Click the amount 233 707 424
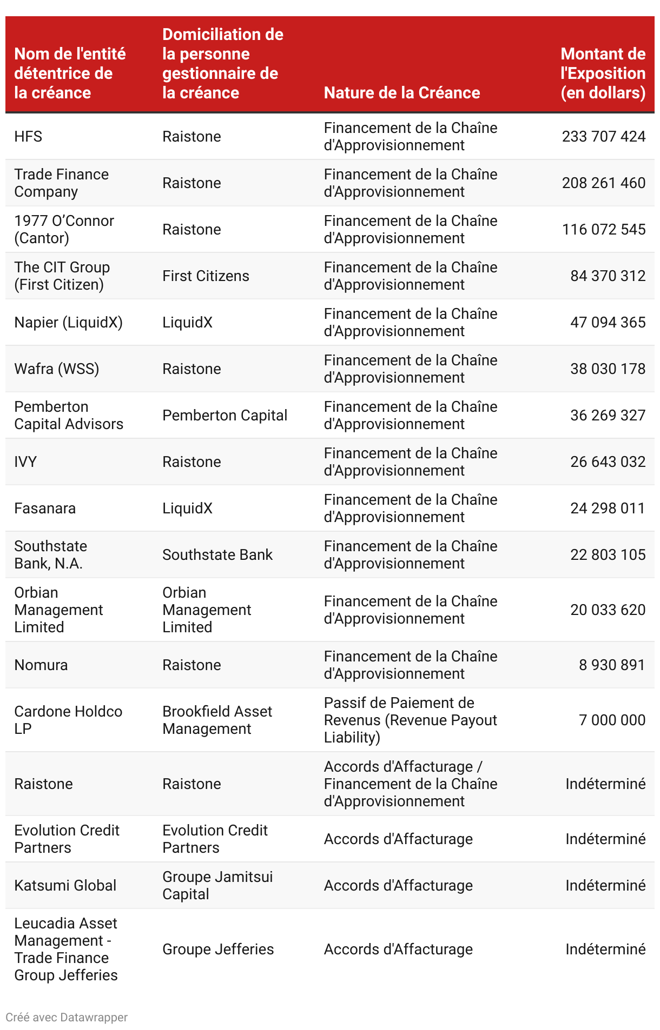603,136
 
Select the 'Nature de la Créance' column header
401,93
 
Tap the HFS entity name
28,136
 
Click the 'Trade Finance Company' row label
61,183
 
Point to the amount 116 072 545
603,229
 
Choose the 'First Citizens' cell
206,276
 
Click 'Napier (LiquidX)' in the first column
68,322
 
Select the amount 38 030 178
608,369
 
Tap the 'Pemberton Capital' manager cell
225,415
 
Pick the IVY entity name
25,462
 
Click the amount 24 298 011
608,508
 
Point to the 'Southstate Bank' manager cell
217,554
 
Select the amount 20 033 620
608,610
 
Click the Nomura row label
41,665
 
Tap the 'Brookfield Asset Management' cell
217,720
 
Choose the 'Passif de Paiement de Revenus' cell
410,720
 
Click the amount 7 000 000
612,720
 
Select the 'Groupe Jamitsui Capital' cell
217,885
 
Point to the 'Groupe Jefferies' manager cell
218,949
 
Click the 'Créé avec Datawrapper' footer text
67,1017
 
